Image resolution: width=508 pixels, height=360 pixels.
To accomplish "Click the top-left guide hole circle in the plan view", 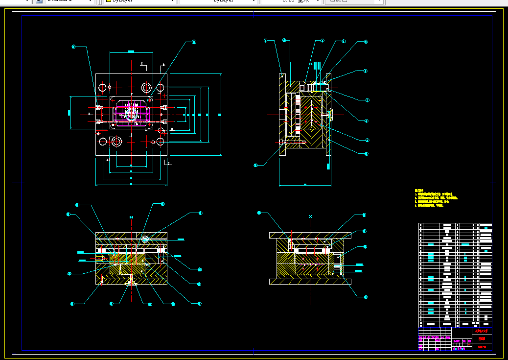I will [102, 88].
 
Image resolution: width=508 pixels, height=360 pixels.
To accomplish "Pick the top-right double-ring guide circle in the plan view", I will [146, 88].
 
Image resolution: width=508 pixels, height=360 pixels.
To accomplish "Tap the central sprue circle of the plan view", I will [131, 114].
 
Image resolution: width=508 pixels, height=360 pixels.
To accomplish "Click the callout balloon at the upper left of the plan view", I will [73, 47].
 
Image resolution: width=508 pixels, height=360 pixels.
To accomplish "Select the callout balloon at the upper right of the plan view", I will [193, 42].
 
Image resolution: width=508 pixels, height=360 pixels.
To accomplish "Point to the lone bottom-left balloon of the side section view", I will [255, 166].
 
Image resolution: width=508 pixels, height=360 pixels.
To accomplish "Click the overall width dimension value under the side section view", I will [304, 185].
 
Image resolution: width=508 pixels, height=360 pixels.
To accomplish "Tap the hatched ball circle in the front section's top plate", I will [145, 239].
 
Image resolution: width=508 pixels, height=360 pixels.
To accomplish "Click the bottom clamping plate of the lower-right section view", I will [310, 282].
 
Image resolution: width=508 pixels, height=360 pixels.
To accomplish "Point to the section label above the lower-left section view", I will [131, 216].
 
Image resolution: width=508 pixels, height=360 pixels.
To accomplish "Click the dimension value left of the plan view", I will [69, 114].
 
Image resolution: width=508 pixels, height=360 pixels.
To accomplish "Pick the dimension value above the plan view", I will [131, 51].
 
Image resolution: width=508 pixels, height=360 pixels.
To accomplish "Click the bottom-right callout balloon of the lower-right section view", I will [366, 297].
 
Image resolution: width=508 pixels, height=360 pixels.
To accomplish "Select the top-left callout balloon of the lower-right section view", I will [259, 213].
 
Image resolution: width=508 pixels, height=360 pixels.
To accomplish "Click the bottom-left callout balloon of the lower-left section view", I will [72, 304].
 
